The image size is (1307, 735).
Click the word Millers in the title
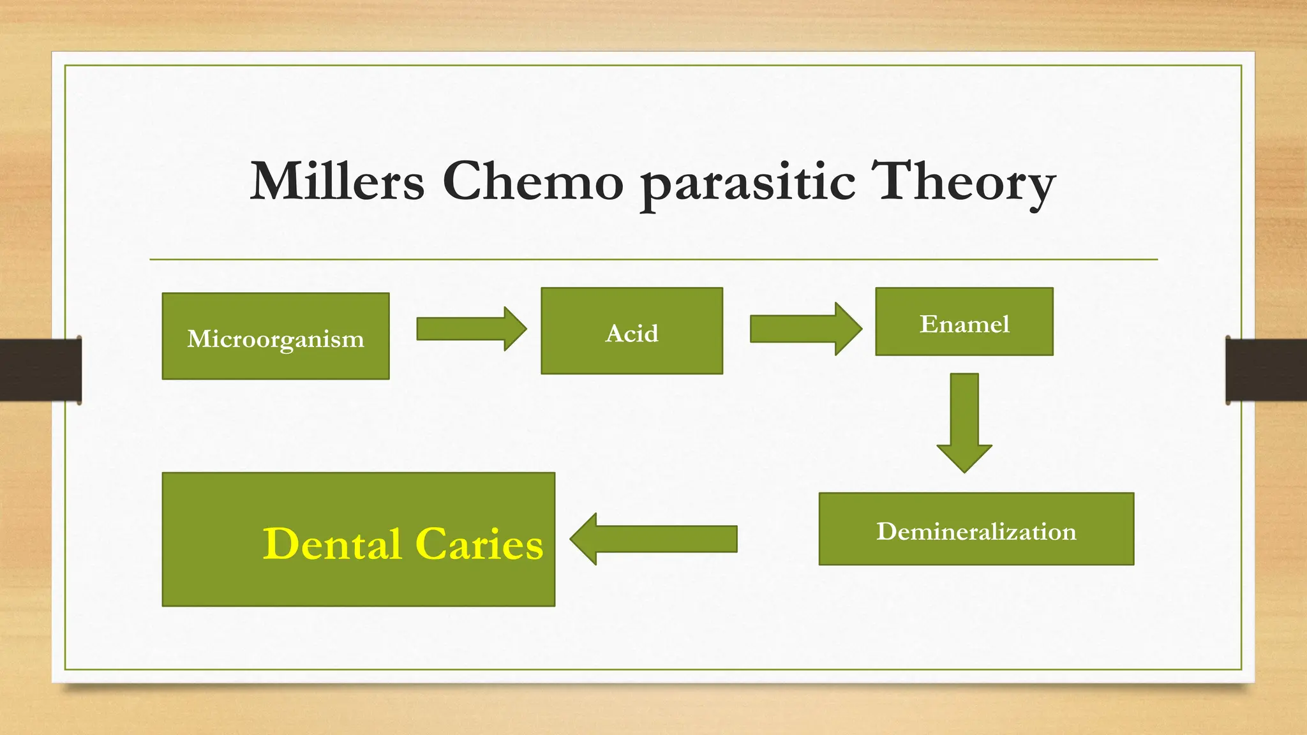click(x=337, y=181)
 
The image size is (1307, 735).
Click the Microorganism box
click(x=276, y=336)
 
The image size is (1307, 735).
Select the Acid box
click(x=632, y=331)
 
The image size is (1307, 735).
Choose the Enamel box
click(x=964, y=322)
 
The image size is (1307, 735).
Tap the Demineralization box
click(x=976, y=530)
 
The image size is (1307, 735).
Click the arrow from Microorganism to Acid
click(x=471, y=329)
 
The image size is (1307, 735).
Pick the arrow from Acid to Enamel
click(x=805, y=329)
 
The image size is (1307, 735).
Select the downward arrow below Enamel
click(x=964, y=421)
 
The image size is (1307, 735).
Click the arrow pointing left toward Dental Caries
click(x=654, y=539)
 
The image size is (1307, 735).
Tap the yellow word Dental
click(x=332, y=544)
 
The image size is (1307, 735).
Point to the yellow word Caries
click(x=479, y=544)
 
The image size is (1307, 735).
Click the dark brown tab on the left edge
click(x=40, y=370)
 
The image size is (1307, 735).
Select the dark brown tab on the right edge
click(x=1266, y=370)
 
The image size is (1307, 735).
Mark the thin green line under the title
click(x=653, y=260)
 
